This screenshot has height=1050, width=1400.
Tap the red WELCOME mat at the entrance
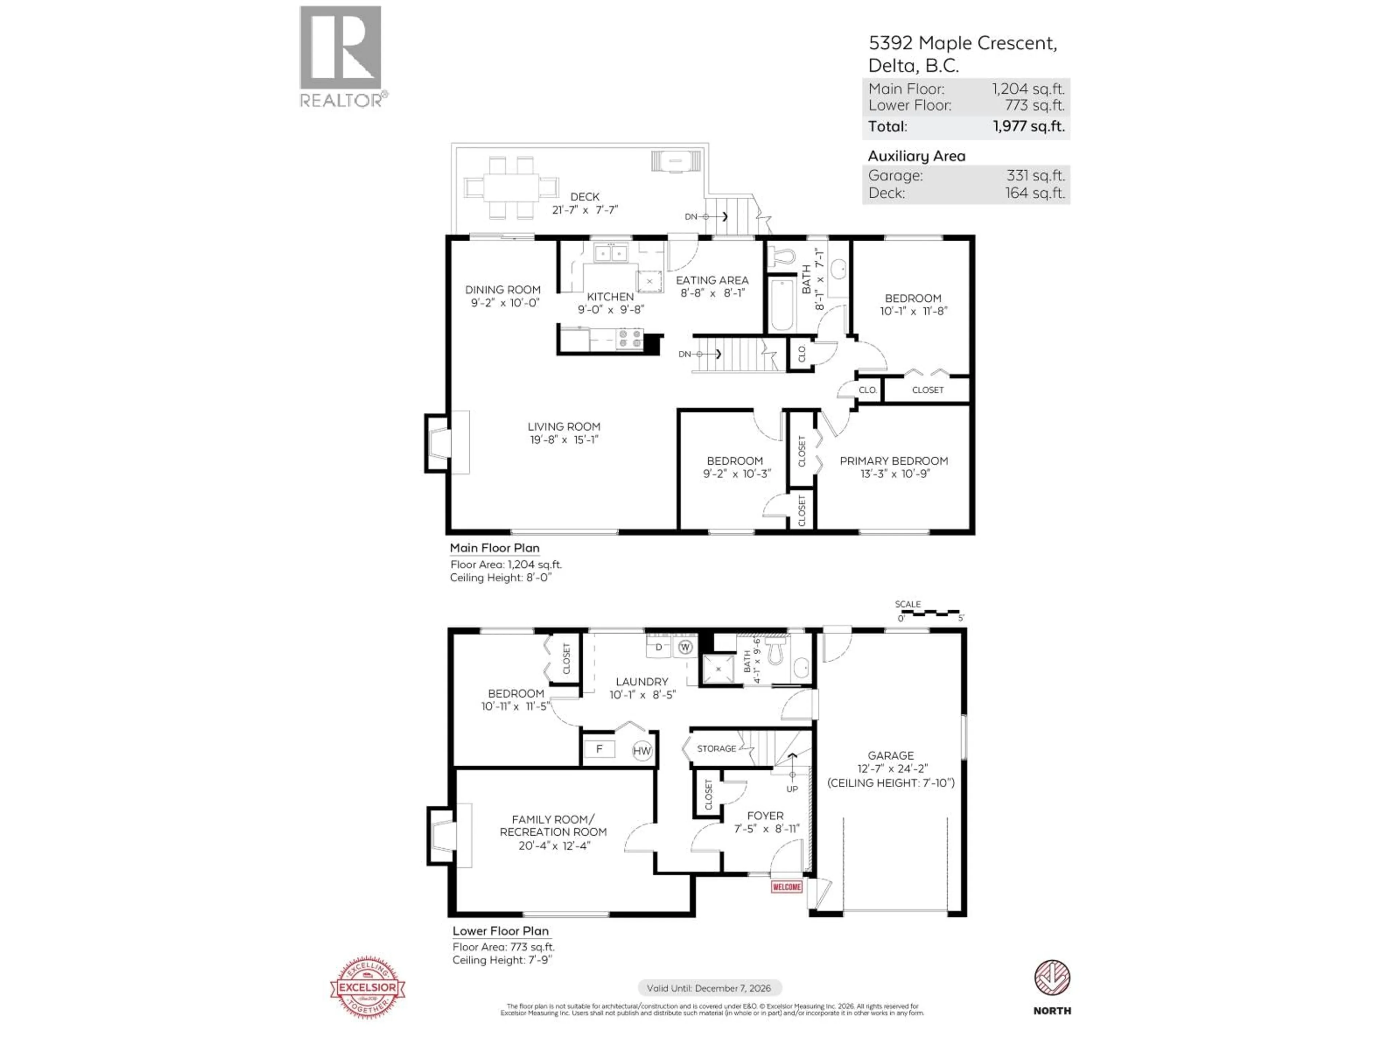[786, 887]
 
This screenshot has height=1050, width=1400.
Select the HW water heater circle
[642, 751]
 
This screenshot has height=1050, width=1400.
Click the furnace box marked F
[599, 749]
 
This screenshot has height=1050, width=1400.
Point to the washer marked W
[685, 647]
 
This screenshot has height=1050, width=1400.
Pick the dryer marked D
[658, 647]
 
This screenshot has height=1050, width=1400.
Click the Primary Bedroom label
[894, 461]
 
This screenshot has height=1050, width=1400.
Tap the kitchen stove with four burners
[630, 339]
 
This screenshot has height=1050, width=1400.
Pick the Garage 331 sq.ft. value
[1035, 175]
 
